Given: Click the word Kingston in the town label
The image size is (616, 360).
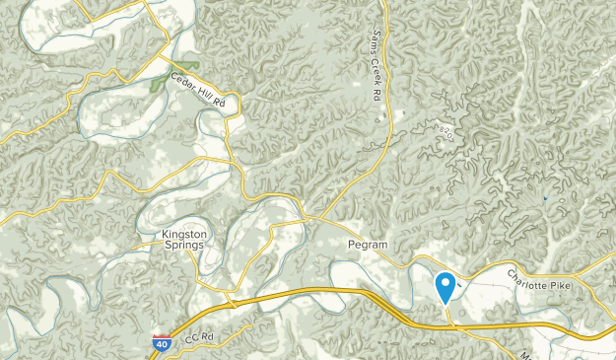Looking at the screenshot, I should [184, 235].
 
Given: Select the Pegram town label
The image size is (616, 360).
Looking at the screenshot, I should [366, 243].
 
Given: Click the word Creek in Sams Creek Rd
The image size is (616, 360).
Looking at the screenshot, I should [376, 68].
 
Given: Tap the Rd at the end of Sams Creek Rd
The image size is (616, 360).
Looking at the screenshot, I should [376, 95].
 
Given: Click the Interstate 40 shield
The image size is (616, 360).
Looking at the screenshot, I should [161, 344].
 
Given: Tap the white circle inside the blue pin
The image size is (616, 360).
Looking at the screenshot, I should [445, 284].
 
